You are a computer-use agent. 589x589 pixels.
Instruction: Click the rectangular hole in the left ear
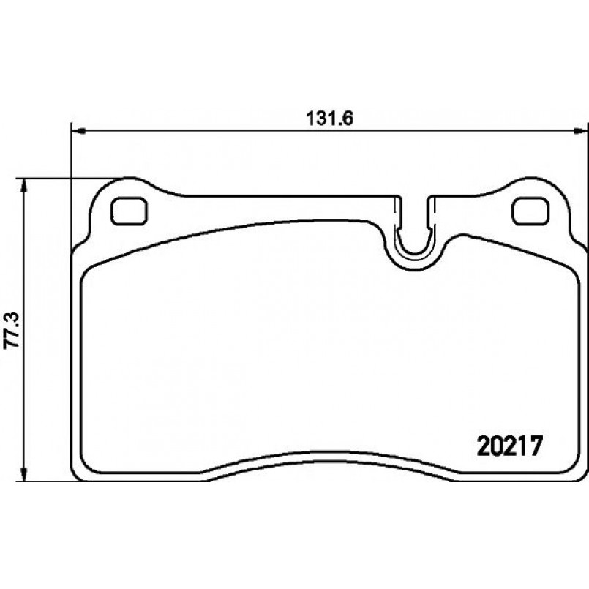[129, 211]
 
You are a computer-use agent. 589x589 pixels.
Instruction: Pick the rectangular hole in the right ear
[530, 211]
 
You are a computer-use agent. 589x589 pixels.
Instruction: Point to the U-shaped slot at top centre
[413, 234]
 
